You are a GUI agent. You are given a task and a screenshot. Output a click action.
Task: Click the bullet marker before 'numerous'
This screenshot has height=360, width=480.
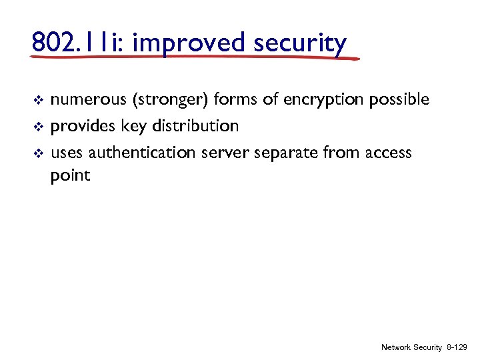(x=37, y=101)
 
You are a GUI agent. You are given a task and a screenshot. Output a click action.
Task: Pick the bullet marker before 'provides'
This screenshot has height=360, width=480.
(x=37, y=127)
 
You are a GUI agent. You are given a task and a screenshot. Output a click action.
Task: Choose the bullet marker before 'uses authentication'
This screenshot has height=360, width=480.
(x=37, y=153)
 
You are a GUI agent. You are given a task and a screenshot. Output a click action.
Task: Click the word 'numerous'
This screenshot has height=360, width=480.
(x=89, y=100)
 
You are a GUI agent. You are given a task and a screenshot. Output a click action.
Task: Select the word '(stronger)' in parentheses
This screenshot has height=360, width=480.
(x=171, y=100)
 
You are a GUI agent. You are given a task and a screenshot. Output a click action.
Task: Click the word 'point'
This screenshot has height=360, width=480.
(x=70, y=176)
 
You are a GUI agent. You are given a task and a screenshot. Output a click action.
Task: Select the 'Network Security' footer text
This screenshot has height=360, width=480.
(x=411, y=348)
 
